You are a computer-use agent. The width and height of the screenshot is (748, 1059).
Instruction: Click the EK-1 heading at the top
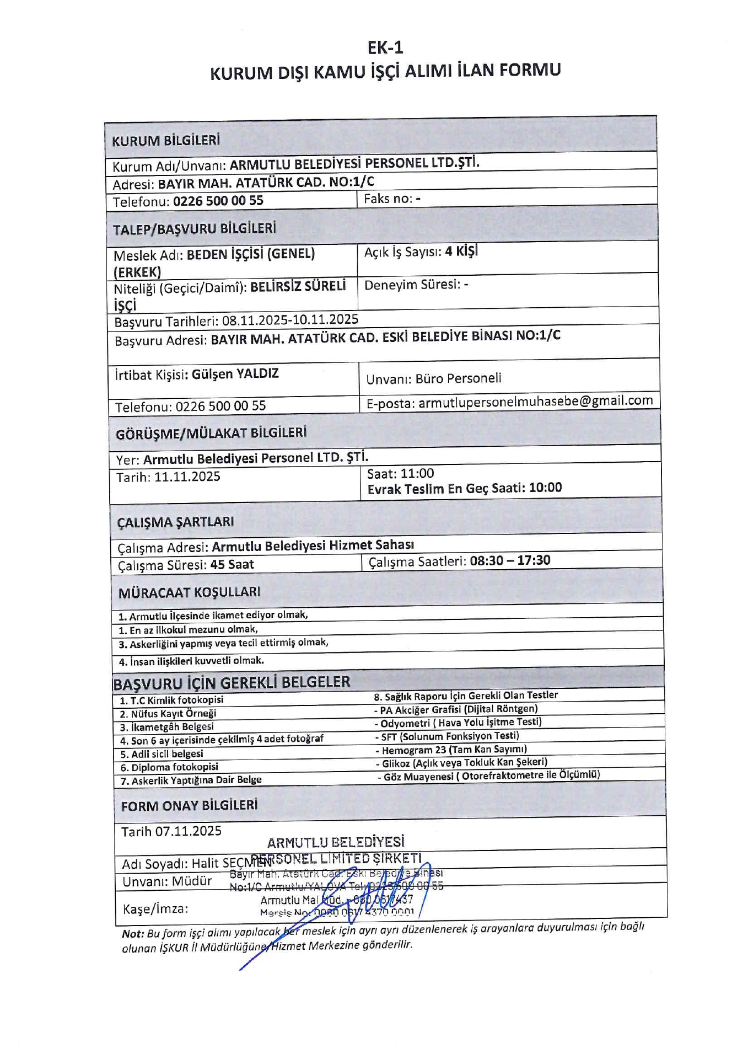[385, 48]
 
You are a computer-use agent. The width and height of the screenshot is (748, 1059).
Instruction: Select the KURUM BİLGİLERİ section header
[166, 141]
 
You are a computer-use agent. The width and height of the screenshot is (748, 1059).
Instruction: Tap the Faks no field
[392, 199]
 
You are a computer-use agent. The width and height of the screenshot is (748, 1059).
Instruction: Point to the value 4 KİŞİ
[461, 252]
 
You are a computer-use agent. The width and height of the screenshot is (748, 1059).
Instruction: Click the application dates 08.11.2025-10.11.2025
[290, 320]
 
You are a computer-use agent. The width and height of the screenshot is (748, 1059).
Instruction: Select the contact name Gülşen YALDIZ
[235, 374]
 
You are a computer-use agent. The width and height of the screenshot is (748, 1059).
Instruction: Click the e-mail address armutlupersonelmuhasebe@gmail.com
[535, 402]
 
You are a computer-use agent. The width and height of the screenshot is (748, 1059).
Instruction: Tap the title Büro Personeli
[458, 378]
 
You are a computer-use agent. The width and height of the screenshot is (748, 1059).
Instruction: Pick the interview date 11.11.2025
[187, 477]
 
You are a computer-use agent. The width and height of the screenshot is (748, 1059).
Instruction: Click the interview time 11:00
[417, 473]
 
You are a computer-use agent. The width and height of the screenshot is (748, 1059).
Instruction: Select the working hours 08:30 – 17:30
[510, 560]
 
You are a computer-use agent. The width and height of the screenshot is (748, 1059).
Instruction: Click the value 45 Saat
[232, 565]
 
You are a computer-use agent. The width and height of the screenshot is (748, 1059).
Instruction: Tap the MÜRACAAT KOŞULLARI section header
[189, 593]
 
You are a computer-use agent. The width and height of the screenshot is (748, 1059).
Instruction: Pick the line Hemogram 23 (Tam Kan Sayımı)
[454, 750]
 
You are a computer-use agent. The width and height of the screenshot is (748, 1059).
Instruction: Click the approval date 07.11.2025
[188, 831]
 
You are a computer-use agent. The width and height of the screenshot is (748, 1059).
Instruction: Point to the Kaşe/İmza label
[155, 908]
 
